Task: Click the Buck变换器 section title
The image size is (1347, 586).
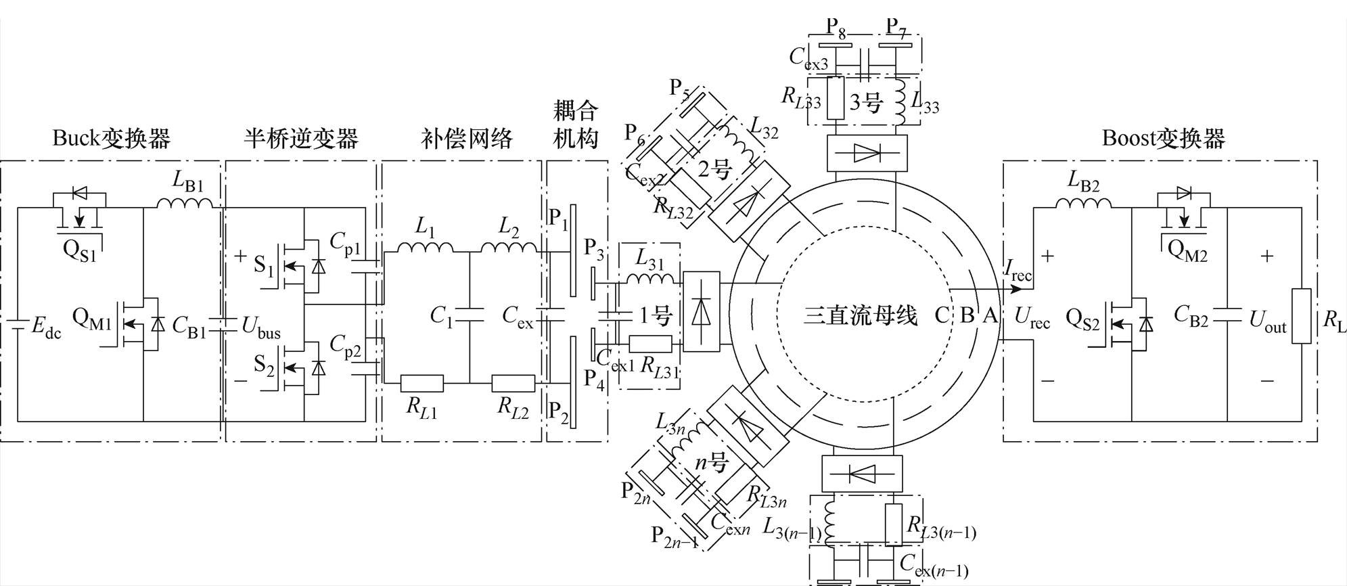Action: coord(112,138)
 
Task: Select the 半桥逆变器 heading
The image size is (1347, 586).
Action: coord(300,138)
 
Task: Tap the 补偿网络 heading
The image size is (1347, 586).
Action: coord(467,138)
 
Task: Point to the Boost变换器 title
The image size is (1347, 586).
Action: coord(1164,138)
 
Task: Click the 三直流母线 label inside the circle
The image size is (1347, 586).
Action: coord(860,316)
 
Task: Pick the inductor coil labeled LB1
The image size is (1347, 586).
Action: coord(185,203)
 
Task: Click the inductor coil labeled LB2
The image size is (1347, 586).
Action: coord(1083,203)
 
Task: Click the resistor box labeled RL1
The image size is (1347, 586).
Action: coord(422,384)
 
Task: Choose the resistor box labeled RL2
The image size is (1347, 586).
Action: coord(513,384)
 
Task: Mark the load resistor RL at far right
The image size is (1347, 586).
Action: coord(1301,316)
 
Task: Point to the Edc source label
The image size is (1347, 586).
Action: coord(46,328)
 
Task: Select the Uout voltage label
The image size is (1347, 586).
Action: coord(1267,321)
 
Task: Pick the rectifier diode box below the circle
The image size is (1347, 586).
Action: coord(861,472)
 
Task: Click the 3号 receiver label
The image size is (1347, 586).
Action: coord(867,103)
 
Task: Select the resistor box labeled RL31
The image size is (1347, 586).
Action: coord(650,344)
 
